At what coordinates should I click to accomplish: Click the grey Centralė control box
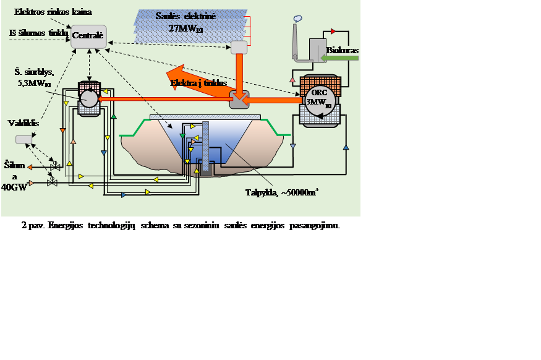89,36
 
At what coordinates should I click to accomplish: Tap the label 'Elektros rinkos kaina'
53,12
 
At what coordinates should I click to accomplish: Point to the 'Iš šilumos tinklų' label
38,33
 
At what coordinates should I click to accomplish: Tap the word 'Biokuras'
343,49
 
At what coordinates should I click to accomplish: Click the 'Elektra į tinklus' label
198,82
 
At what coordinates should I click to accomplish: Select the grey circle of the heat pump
90,98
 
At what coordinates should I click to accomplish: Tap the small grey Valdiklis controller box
25,140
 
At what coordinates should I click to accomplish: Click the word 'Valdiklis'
23,123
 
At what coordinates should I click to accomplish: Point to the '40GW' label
14,187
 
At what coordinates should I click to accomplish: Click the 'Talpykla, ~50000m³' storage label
281,192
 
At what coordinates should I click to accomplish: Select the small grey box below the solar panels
239,48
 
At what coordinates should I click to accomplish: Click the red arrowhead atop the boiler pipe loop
333,30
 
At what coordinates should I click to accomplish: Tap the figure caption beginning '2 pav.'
181,226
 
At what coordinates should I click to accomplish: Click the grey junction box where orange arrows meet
239,99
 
